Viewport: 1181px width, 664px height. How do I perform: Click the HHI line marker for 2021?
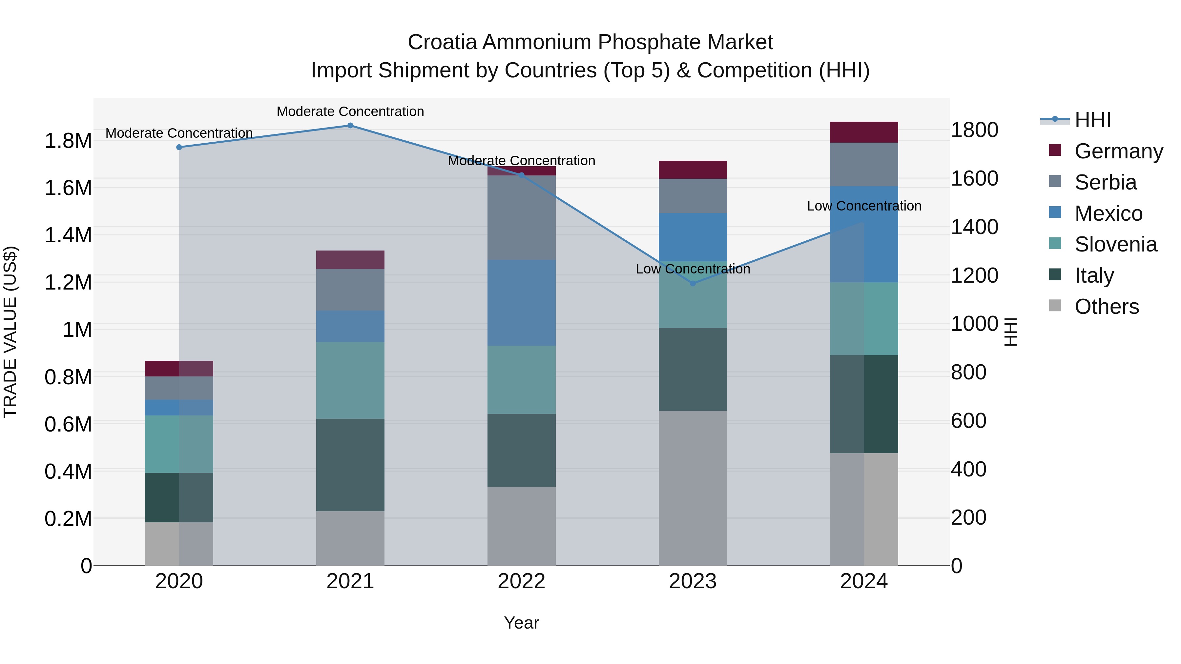pyautogui.click(x=350, y=125)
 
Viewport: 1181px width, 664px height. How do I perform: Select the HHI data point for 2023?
pyautogui.click(x=693, y=283)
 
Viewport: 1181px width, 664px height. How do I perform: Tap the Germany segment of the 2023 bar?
pyautogui.click(x=693, y=170)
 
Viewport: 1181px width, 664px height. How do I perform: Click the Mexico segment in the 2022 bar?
pyautogui.click(x=521, y=302)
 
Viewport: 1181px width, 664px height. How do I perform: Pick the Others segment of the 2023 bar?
pyautogui.click(x=693, y=488)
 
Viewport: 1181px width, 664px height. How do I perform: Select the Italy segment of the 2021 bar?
pyautogui.click(x=350, y=465)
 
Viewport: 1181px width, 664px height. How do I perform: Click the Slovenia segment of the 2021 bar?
pyautogui.click(x=350, y=380)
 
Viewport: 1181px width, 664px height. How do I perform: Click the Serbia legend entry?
pyautogui.click(x=1105, y=182)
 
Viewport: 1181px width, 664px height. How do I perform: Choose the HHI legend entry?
pyautogui.click(x=1092, y=120)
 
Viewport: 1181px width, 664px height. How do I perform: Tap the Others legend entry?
pyautogui.click(x=1106, y=307)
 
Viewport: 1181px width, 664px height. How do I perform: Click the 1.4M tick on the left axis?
pyautogui.click(x=68, y=235)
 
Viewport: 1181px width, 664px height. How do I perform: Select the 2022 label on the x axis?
pyautogui.click(x=521, y=581)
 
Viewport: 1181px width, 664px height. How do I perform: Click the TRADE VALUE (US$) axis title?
pyautogui.click(x=10, y=332)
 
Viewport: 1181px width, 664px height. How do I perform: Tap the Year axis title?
pyautogui.click(x=521, y=623)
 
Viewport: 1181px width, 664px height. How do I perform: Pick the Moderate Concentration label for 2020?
pyautogui.click(x=179, y=133)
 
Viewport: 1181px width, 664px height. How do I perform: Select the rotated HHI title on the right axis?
pyautogui.click(x=1010, y=332)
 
